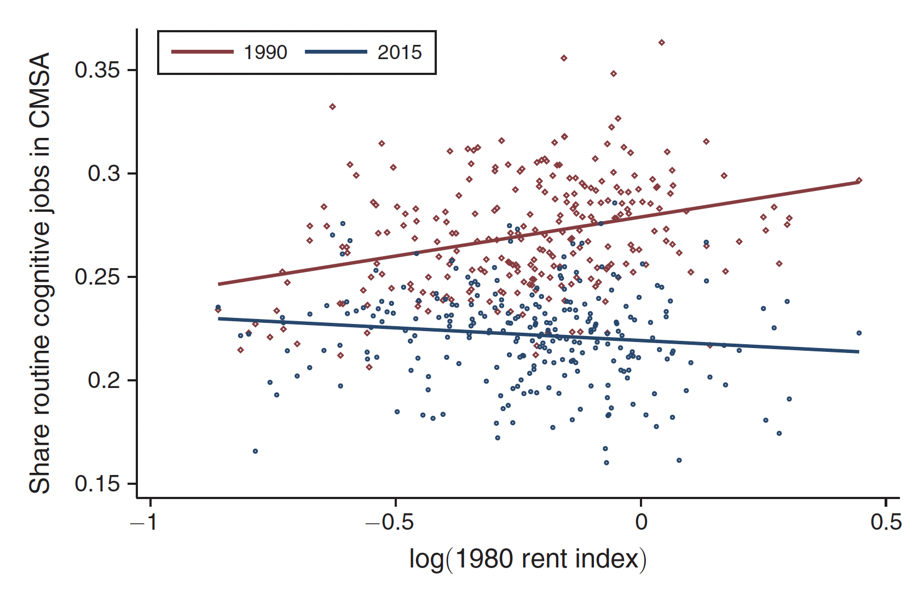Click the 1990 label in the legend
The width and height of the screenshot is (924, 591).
point(265,53)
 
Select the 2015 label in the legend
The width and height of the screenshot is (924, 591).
point(400,53)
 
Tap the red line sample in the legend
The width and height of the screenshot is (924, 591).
point(203,52)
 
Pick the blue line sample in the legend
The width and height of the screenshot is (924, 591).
point(336,52)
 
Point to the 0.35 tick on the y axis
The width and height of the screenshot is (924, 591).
point(97,70)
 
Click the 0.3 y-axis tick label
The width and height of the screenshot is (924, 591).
point(103,173)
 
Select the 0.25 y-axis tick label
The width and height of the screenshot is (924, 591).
point(97,277)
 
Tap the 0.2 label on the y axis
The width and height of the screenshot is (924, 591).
point(103,380)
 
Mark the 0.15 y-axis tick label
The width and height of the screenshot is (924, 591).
point(97,484)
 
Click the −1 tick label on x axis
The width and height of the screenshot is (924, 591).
point(143,522)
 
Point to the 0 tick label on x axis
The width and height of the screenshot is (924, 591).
point(641,522)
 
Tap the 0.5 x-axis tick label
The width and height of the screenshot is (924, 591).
point(886,522)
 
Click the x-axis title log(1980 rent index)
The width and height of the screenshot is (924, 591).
point(528,559)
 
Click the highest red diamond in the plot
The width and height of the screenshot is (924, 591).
point(661,43)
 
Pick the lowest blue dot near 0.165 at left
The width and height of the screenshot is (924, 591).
point(255,451)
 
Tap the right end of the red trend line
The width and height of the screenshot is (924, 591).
point(857,182)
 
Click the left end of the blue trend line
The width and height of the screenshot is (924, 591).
point(220,318)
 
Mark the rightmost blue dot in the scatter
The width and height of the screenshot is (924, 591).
point(859,333)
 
